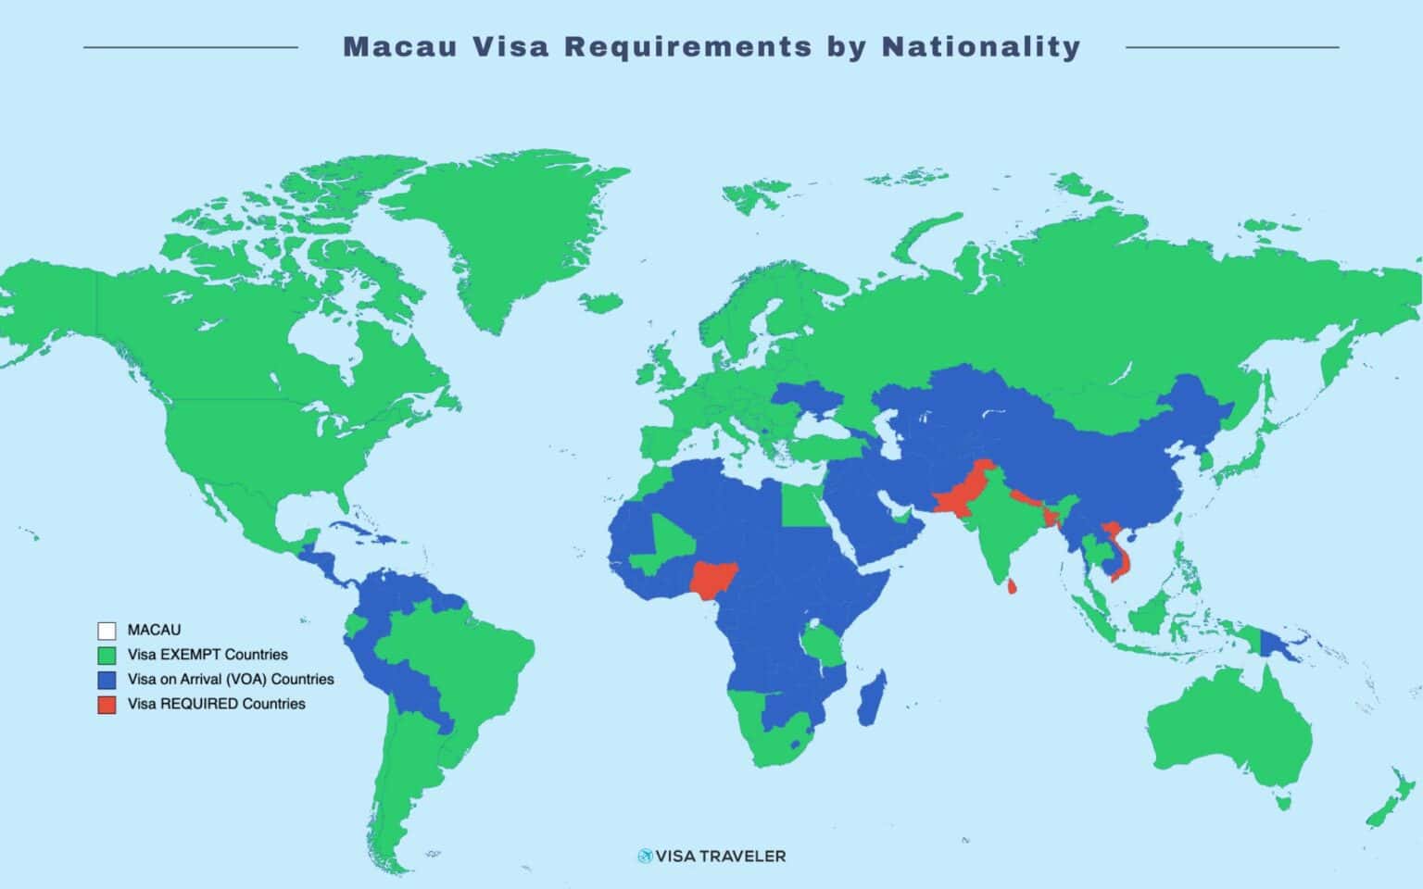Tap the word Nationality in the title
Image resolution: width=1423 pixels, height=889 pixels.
pos(981,46)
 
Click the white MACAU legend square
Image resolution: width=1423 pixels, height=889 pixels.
pos(107,631)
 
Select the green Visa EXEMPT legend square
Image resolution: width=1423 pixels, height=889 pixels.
pos(107,655)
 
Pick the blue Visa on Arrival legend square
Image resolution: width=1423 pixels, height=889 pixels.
pos(107,680)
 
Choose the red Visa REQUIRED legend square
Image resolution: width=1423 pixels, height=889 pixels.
pos(107,705)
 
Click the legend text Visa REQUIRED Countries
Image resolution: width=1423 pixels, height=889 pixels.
pos(216,704)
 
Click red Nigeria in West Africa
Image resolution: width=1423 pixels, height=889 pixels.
pos(714,579)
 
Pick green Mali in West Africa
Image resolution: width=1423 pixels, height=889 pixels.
pos(672,537)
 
